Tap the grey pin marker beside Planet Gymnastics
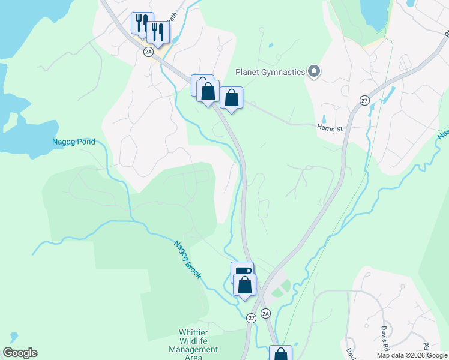coord(314,73)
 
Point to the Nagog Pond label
coord(73,142)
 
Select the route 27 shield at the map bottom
coord(251,318)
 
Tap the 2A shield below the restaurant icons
coord(149,52)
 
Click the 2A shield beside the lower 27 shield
coord(266,313)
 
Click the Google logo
coord(20,353)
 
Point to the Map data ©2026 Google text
coord(412,355)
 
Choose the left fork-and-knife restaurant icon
coord(142,23)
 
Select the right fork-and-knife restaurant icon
coord(158,32)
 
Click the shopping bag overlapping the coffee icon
coord(244,284)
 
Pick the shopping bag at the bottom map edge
coord(280,354)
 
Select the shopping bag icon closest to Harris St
coord(231,97)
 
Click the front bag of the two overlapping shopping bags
coord(208,92)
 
